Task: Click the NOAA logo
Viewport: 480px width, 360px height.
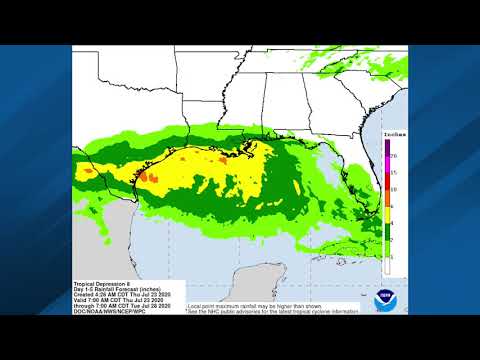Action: tap(385, 299)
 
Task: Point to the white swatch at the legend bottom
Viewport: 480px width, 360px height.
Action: tap(387, 264)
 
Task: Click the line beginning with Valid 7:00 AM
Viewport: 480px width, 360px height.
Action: tap(116, 301)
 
